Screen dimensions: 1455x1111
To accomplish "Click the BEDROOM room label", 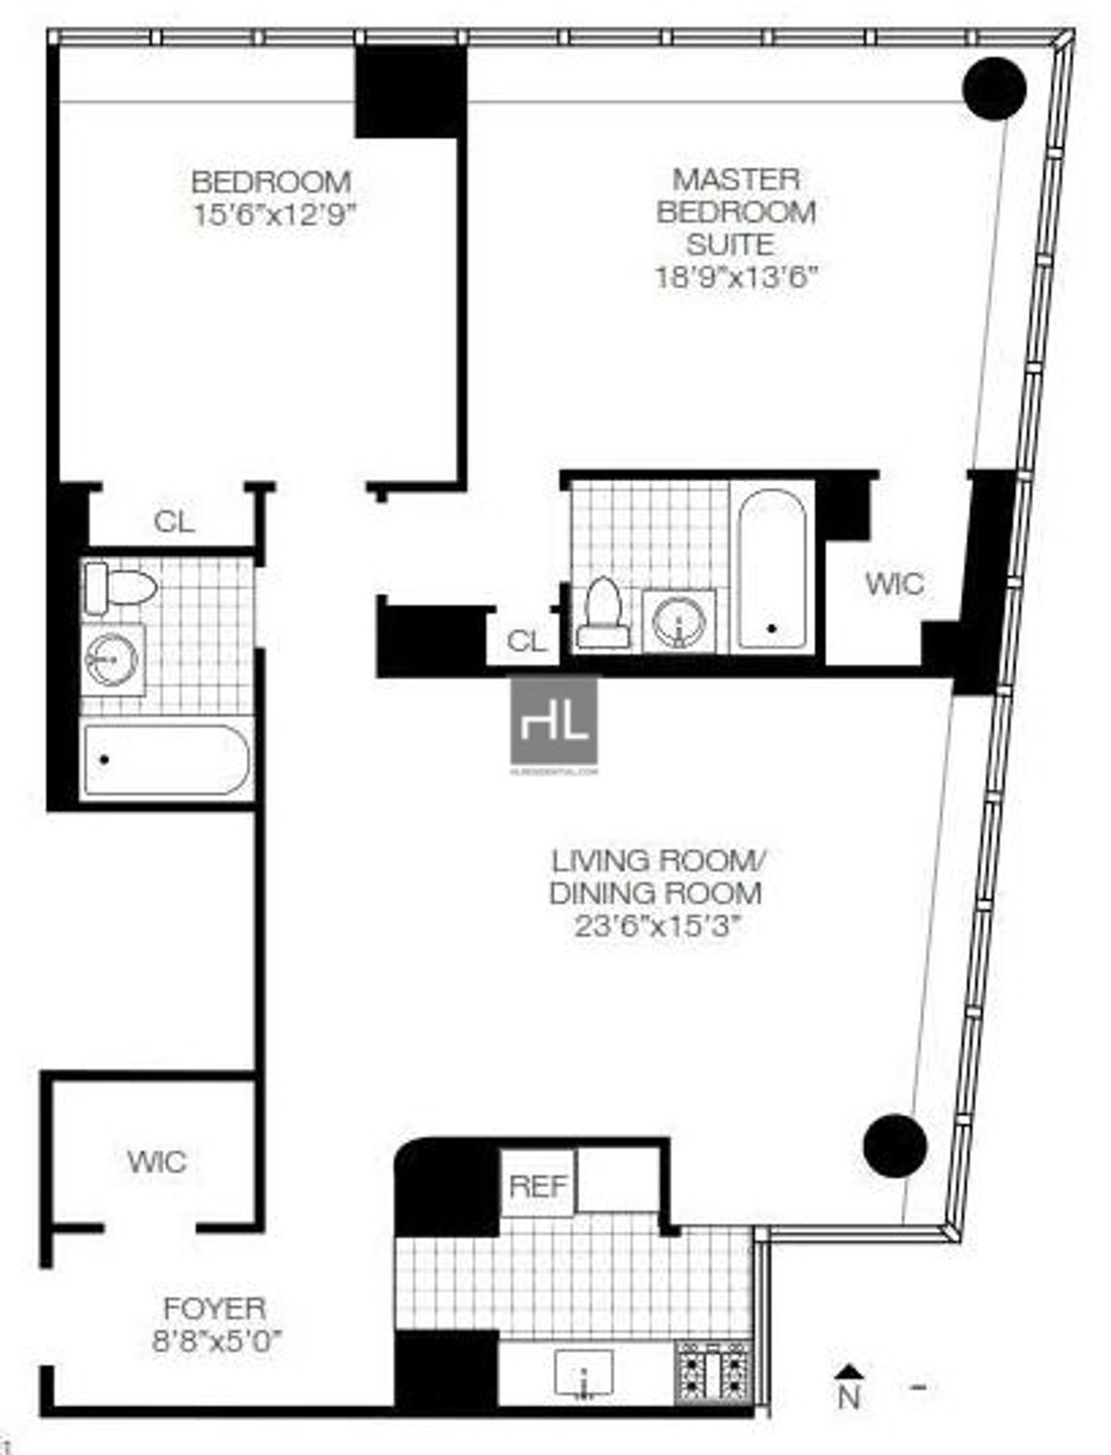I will (271, 180).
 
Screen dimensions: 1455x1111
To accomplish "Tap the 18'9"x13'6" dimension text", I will (737, 278).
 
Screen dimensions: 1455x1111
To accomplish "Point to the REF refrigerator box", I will (538, 1186).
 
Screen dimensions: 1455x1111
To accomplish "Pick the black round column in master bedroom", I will (994, 88).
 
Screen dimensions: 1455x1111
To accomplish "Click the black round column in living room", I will (894, 1146).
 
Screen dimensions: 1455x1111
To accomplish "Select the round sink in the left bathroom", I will (111, 660).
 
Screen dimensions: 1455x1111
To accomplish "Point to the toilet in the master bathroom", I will (603, 616).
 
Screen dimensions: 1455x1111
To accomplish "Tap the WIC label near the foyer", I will (156, 1162).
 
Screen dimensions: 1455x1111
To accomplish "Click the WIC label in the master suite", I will (893, 584).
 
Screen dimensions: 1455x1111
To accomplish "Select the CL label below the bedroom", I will (174, 521).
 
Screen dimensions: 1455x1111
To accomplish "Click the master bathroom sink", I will (680, 620).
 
